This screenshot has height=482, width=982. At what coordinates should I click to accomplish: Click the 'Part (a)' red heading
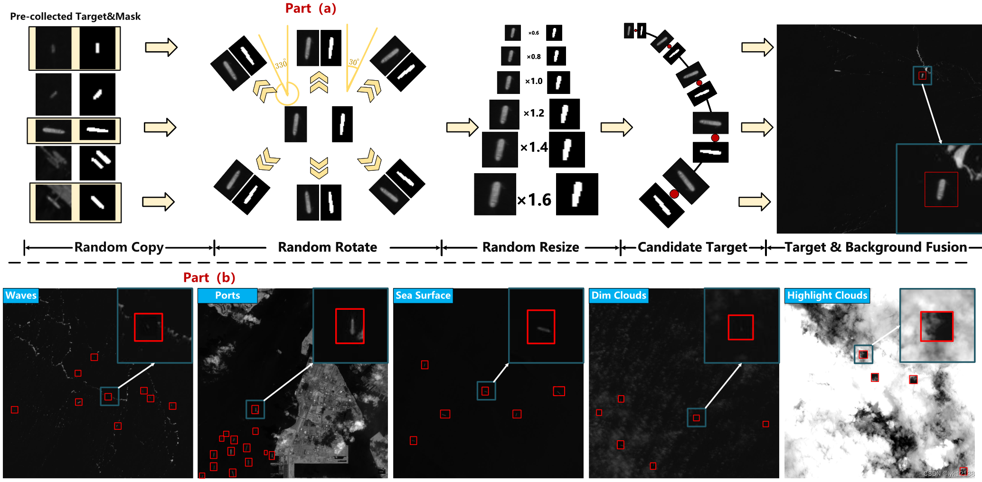[x=311, y=9]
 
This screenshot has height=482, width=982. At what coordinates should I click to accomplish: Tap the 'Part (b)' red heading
[x=209, y=278]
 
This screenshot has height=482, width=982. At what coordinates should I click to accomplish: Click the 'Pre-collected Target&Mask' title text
[x=75, y=17]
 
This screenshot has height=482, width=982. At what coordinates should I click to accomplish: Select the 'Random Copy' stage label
[x=119, y=247]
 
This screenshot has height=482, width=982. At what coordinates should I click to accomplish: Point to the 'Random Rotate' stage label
[x=327, y=247]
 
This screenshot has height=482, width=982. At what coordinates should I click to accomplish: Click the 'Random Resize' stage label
[x=530, y=247]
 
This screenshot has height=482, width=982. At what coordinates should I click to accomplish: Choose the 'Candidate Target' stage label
[x=692, y=247]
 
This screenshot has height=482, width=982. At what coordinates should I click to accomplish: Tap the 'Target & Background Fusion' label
[x=875, y=247]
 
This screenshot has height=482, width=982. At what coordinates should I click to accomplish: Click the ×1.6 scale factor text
[x=534, y=200]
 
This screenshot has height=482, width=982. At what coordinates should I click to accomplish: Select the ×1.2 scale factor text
[x=534, y=113]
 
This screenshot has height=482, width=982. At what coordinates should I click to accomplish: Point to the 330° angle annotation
[x=281, y=64]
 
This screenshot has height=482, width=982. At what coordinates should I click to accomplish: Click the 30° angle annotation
[x=354, y=62]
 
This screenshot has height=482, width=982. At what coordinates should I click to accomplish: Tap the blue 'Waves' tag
[x=21, y=295]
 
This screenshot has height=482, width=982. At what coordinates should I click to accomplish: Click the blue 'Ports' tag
[x=227, y=295]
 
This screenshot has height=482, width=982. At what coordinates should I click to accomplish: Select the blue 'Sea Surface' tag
[x=423, y=295]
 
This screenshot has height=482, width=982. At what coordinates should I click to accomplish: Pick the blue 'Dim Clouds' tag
[x=618, y=295]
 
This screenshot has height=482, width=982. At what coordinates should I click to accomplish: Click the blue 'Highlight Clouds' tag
[x=827, y=295]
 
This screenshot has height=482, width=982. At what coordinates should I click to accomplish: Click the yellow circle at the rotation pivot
[x=287, y=93]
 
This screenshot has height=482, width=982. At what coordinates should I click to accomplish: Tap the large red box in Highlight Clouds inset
[x=936, y=326]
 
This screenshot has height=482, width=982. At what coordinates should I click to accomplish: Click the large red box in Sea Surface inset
[x=541, y=327]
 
